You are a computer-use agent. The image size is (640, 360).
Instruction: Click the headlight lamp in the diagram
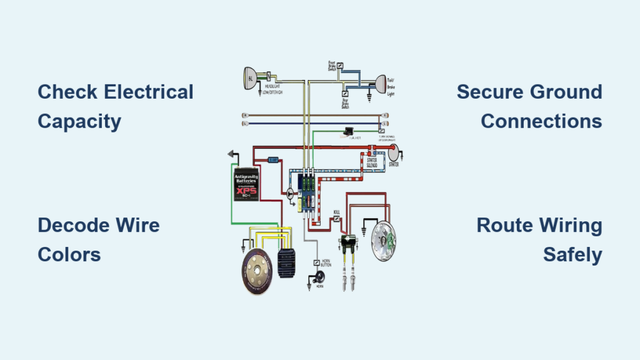coord(252,78)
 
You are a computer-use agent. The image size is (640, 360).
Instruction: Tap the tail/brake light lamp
coord(379,83)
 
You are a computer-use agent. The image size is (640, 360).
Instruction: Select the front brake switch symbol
coord(339,66)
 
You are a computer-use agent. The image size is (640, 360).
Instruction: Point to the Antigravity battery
coord(247,182)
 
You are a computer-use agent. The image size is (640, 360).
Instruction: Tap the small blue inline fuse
coord(273,160)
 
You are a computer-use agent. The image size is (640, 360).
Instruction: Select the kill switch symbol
coord(337,219)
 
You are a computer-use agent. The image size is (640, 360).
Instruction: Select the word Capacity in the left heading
coord(79,121)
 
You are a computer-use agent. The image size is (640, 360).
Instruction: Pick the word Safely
coord(572,254)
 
